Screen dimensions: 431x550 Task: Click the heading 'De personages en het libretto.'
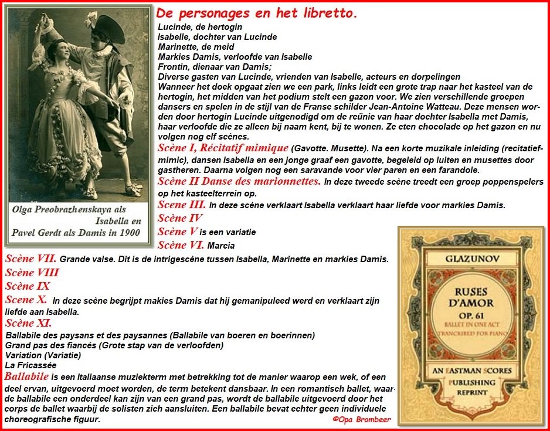point(257,13)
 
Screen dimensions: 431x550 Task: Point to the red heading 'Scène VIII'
point(32,272)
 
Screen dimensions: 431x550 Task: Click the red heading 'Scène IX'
point(28,286)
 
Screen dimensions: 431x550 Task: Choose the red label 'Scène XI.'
point(28,323)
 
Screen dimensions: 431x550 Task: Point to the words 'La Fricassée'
point(29,365)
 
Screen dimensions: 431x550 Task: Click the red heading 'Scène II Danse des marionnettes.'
point(239,181)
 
